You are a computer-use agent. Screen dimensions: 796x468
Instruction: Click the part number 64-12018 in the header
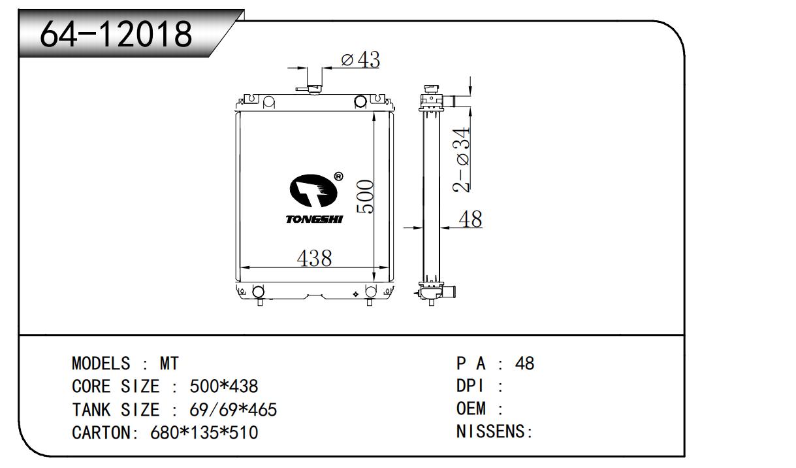point(116,34)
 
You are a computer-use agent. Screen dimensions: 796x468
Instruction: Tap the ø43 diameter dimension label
point(360,59)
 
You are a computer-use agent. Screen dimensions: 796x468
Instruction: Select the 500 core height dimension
point(365,196)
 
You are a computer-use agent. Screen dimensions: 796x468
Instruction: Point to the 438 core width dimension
point(315,258)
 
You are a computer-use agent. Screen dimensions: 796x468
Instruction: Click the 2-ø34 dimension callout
point(461,159)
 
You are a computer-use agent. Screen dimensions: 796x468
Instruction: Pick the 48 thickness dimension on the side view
point(471,219)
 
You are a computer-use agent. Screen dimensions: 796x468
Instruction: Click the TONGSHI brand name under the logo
point(314,219)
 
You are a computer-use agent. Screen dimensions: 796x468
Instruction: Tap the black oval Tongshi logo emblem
point(313,191)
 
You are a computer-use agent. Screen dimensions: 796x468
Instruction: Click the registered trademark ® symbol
point(339,176)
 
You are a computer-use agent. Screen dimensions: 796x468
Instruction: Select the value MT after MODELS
point(169,363)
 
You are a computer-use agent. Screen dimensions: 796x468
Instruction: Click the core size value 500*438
point(223,386)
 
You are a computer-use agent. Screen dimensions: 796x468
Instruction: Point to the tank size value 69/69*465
point(233,410)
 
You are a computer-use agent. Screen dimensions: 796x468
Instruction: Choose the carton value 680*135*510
point(204,433)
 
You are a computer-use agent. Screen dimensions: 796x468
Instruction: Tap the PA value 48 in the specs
point(524,363)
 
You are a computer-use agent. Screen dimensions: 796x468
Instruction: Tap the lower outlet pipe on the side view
point(449,292)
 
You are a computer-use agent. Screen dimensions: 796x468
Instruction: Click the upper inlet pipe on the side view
point(449,101)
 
